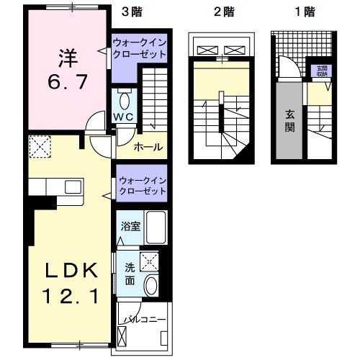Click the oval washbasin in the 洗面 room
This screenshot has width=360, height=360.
coord(151,285)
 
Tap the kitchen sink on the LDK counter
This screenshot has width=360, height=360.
coord(73,186)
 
